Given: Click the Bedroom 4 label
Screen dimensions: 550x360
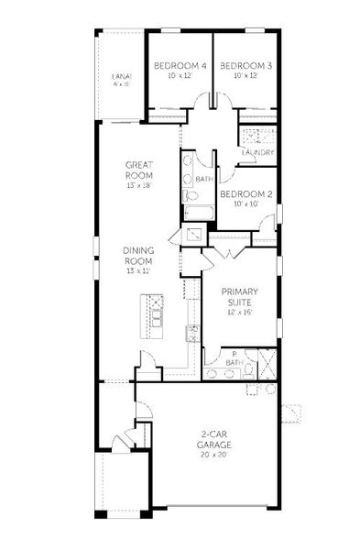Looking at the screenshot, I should tap(180, 66).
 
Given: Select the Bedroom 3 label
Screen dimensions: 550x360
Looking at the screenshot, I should tap(246, 66).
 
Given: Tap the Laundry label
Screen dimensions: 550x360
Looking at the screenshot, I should tap(258, 153).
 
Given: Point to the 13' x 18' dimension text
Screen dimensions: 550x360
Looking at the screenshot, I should tap(139, 185).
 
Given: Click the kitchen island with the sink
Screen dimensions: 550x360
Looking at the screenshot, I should tap(154, 313).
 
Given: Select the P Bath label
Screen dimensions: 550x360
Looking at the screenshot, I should tap(235, 358).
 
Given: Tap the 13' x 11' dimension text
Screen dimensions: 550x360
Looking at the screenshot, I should tap(138, 271).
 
